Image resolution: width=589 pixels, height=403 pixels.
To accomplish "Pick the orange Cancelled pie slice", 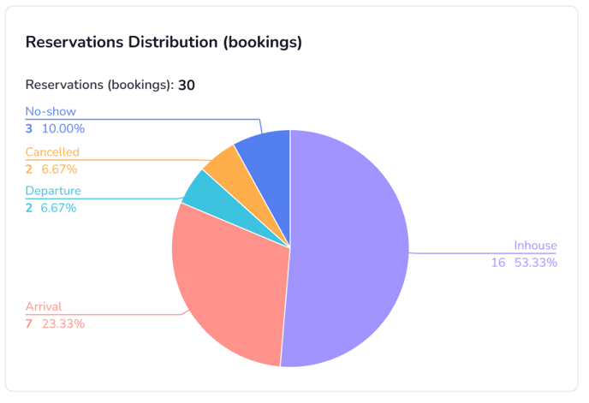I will pos(223,170).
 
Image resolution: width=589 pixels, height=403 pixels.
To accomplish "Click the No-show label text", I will pos(51,112).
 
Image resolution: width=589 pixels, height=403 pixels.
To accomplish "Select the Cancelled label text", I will pos(52,152).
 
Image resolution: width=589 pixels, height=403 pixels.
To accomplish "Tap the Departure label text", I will pos(53,191).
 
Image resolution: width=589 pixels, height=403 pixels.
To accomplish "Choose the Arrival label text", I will pos(44,307).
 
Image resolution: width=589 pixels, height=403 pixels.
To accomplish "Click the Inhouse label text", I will pos(535,246).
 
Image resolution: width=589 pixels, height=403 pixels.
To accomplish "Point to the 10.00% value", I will pos(64,129).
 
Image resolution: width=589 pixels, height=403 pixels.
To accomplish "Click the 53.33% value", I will pos(536,263).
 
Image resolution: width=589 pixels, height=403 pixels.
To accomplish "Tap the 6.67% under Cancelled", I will pos(60,169).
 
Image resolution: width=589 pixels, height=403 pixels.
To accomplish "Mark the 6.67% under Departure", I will pos(60,208).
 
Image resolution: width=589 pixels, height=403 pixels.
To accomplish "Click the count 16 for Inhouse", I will pos(497,263).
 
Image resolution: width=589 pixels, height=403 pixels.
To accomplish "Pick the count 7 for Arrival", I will pos(29,324).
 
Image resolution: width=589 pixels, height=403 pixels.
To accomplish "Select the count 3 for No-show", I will pos(29,129).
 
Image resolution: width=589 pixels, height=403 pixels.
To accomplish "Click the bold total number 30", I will pos(187,85).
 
